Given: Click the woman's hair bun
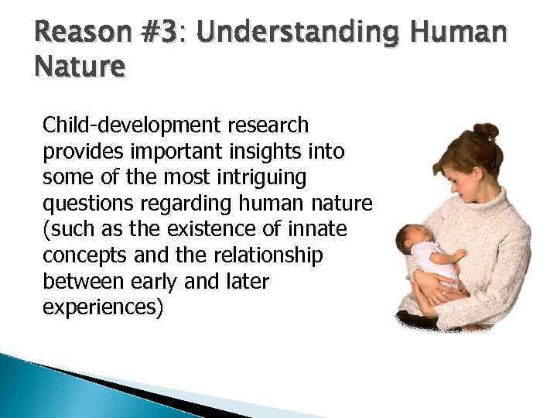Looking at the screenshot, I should point(485,133).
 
